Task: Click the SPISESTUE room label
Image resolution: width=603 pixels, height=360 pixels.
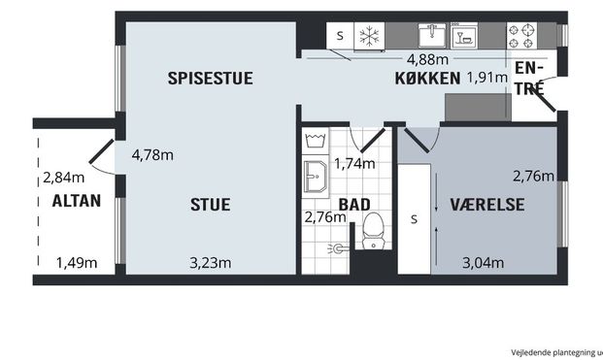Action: coord(209,79)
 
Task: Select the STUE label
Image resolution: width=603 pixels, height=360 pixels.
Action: coord(210,205)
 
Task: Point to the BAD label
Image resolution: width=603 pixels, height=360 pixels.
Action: coord(353,205)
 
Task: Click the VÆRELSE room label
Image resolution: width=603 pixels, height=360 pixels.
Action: coord(487,205)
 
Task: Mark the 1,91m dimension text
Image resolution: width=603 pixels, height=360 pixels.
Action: coord(487,79)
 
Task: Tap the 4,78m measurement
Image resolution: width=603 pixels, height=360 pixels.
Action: coord(152,154)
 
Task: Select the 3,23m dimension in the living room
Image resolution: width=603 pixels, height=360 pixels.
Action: coord(210,262)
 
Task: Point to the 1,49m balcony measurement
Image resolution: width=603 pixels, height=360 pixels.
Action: coord(77,262)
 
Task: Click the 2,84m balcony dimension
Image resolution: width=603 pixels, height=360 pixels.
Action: coord(63,178)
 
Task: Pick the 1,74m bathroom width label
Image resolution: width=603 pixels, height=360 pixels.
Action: coord(354,163)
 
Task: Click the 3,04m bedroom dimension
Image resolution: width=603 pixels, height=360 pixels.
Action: coord(482,262)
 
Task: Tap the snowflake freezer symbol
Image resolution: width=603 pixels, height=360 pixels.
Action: coord(368,35)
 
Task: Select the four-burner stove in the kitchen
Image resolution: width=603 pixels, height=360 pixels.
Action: coord(523,36)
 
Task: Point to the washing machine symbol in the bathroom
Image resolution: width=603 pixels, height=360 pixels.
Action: coord(314,141)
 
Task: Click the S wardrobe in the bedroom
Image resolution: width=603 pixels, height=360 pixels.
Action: coord(414,217)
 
